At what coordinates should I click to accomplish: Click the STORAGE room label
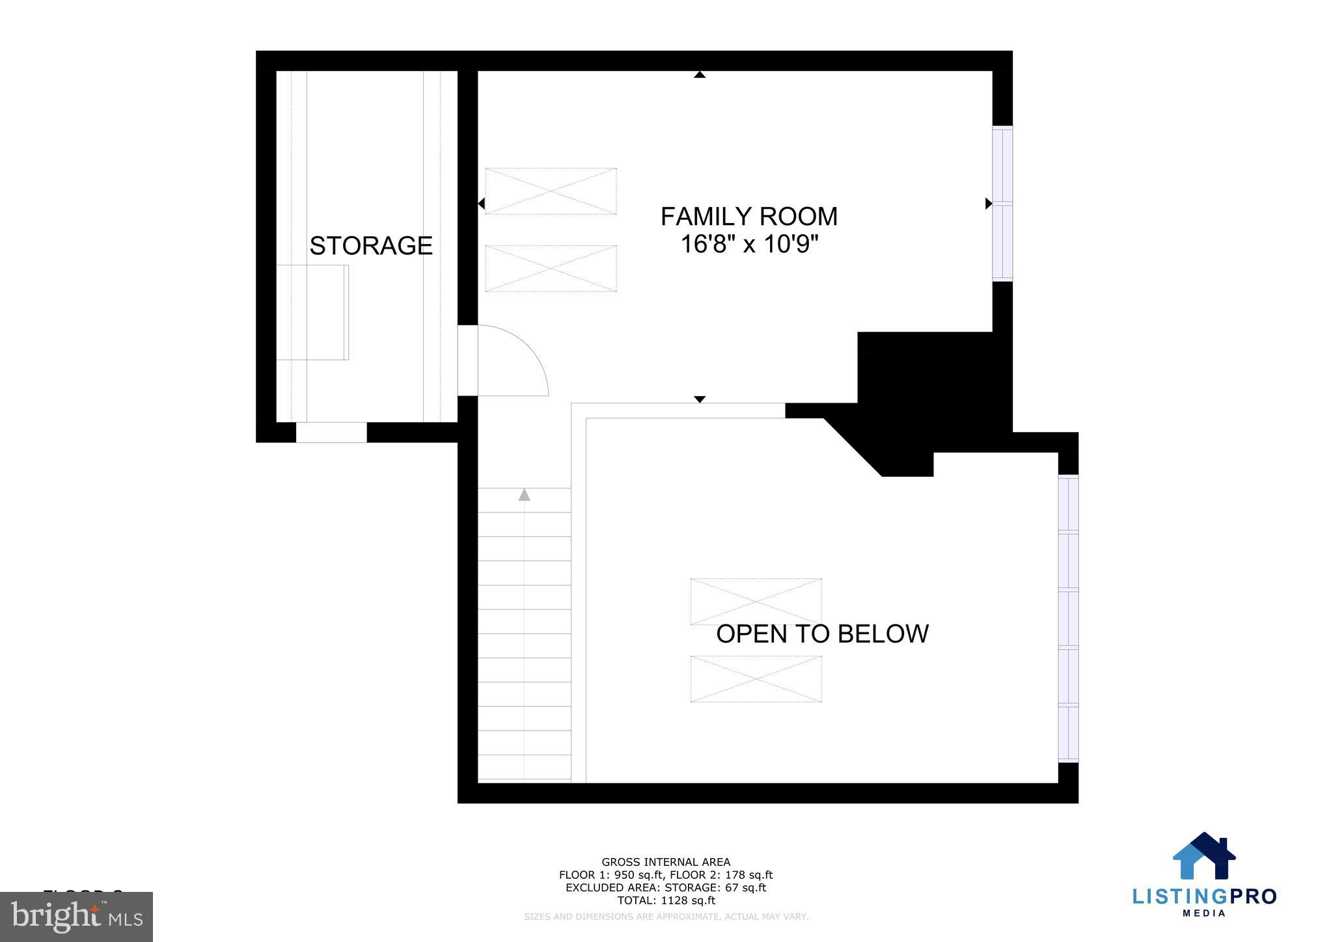370,246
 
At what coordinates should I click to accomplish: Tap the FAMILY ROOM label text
749,217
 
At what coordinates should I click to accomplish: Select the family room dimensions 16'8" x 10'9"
749,245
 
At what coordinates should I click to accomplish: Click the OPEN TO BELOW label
822,634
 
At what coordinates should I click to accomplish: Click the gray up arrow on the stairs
524,495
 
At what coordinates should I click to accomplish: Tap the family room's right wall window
1002,204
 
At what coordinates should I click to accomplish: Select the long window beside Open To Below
1068,618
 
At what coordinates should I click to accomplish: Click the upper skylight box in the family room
551,191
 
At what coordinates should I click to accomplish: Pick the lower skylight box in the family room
551,268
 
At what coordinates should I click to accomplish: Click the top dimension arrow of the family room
700,75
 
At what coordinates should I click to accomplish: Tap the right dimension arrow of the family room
988,204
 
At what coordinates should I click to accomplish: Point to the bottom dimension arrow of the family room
700,399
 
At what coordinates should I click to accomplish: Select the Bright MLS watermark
76,917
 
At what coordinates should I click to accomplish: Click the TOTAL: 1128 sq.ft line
666,900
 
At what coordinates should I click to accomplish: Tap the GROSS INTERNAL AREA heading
666,862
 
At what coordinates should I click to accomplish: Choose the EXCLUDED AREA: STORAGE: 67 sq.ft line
666,887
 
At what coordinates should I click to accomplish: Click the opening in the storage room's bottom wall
331,432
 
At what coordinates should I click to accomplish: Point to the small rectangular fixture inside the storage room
312,312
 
